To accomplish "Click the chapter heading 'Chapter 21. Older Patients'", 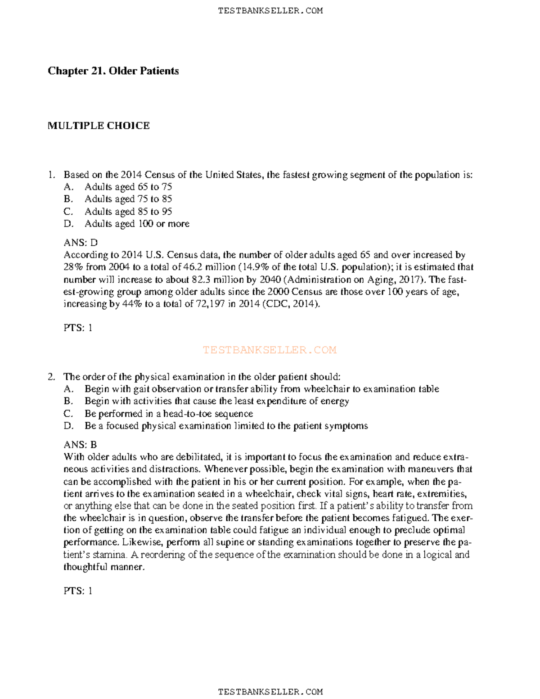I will pyautogui.click(x=113, y=71).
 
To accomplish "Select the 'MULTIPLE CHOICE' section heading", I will pyautogui.click(x=99, y=126).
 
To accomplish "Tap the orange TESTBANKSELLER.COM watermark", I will pyautogui.click(x=270, y=350).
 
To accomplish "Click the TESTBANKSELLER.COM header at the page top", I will pyautogui.click(x=270, y=11).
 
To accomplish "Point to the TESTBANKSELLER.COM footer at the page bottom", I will pyautogui.click(x=270, y=691).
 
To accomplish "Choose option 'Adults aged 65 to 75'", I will pyautogui.click(x=128, y=187).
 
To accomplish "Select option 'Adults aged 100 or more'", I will pyautogui.click(x=137, y=224).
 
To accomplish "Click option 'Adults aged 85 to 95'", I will pyautogui.click(x=128, y=212).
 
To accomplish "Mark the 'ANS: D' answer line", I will pyautogui.click(x=81, y=243).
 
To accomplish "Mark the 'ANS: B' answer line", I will pyautogui.click(x=80, y=445).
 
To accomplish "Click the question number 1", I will pyautogui.click(x=51, y=175).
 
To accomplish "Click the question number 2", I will pyautogui.click(x=51, y=377).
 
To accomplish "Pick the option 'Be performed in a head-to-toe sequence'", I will pyautogui.click(x=168, y=414).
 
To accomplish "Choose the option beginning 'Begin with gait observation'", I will pyautogui.click(x=261, y=389).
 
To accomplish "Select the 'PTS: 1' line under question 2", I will pyautogui.click(x=78, y=591).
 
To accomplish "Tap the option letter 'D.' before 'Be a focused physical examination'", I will pyautogui.click(x=68, y=426).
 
